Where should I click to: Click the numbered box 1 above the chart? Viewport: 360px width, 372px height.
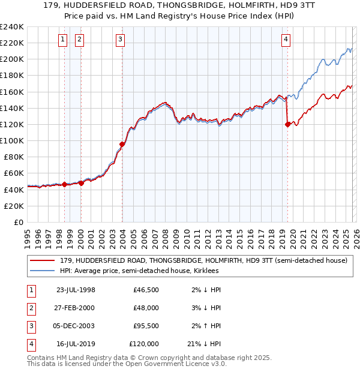pyautogui.click(x=63, y=40)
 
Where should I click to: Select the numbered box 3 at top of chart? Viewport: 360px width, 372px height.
pyautogui.click(x=120, y=40)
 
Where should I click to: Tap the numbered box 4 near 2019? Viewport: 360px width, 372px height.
pyautogui.click(x=286, y=40)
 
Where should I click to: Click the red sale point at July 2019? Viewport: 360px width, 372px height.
pyautogui.click(x=287, y=125)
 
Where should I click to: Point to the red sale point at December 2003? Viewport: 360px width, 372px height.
pyautogui.click(x=122, y=144)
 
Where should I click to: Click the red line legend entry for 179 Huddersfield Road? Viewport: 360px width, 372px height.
pyautogui.click(x=203, y=260)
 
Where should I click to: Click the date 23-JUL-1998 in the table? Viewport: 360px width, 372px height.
pyautogui.click(x=75, y=290)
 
